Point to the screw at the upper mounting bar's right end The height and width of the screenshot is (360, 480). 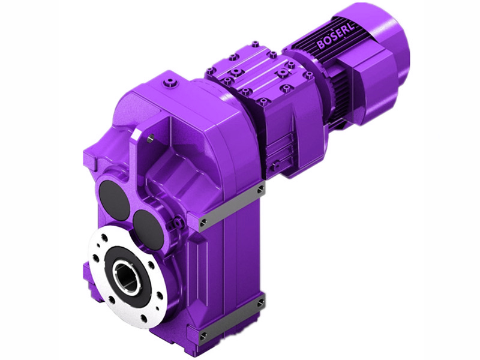tap(261, 190)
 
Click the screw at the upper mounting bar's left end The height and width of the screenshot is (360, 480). tap(203, 223)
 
